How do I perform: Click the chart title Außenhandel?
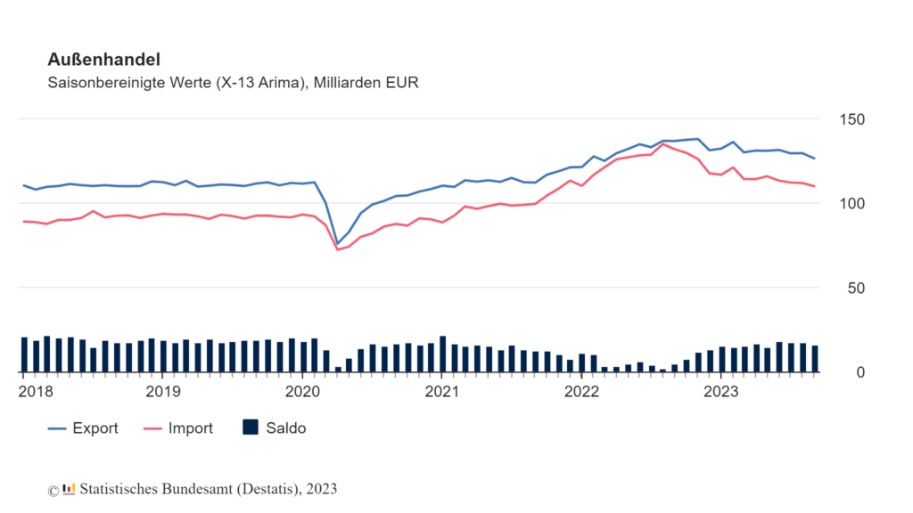[103, 60]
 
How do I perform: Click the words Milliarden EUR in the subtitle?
[366, 83]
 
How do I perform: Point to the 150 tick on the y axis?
[851, 120]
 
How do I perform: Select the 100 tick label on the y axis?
[851, 204]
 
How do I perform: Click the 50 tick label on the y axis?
[856, 289]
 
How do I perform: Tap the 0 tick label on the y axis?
[860, 373]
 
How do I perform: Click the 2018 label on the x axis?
[36, 392]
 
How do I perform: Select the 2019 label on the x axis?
[163, 392]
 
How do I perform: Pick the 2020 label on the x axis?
[302, 392]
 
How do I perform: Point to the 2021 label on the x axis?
[442, 392]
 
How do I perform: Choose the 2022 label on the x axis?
[581, 392]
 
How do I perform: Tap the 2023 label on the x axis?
[720, 392]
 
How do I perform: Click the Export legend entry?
[83, 428]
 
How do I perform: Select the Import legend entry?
[178, 428]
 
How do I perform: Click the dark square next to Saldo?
[251, 427]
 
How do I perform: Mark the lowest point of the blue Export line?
[337, 244]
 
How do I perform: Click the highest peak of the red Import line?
[662, 144]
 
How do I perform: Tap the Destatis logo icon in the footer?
[69, 489]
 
